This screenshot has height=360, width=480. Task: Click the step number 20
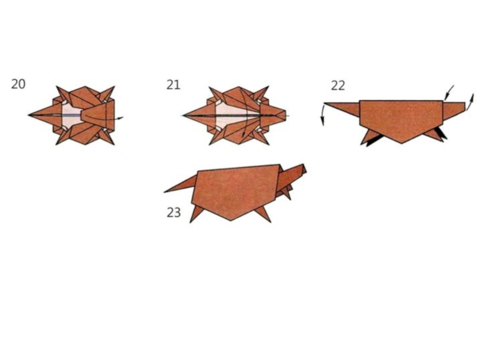click(18, 84)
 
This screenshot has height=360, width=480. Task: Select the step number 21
click(173, 85)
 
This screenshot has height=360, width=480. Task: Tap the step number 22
click(338, 85)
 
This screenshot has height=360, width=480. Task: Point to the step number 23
click(173, 212)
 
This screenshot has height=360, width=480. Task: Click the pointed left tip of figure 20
click(28, 115)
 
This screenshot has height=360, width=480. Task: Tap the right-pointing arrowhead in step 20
click(121, 118)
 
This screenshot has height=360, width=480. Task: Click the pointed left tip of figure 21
click(183, 115)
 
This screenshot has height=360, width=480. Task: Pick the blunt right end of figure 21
click(286, 115)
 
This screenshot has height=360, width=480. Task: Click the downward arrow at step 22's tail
click(323, 115)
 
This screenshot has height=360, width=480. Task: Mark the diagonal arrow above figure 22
click(449, 92)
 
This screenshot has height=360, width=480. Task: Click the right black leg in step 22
click(441, 133)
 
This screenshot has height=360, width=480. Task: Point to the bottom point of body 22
click(402, 143)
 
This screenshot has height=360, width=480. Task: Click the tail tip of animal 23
click(165, 192)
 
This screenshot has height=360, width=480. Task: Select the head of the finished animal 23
click(293, 175)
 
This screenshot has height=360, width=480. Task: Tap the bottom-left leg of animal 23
click(195, 214)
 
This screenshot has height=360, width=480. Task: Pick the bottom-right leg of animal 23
click(264, 214)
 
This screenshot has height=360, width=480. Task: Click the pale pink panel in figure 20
click(72, 115)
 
